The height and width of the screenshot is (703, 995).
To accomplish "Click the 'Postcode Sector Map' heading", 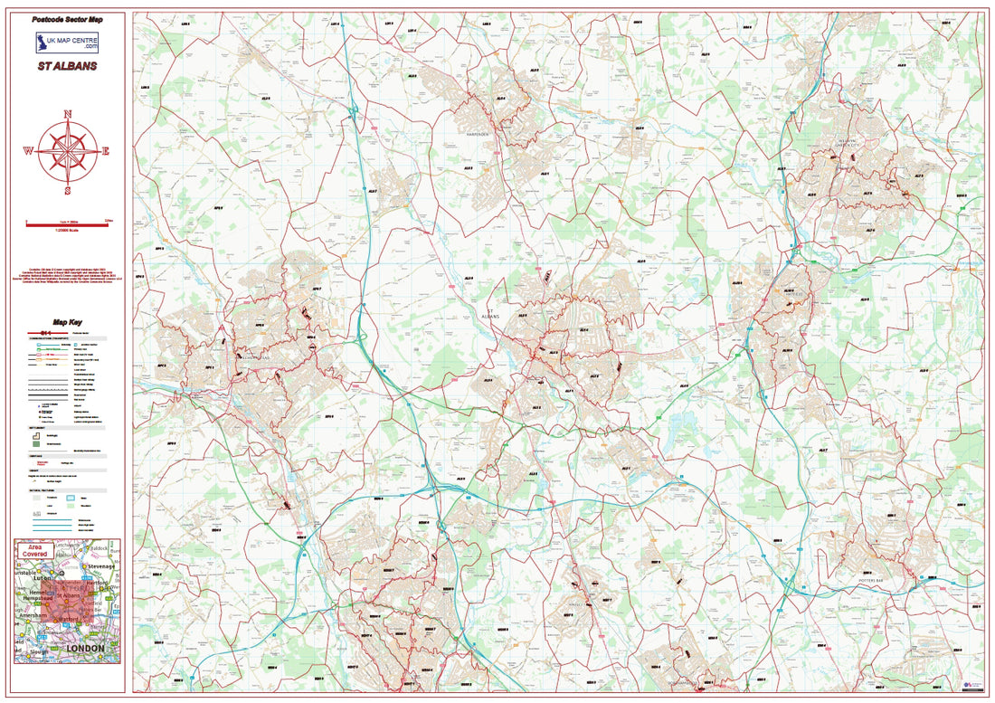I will (68, 18).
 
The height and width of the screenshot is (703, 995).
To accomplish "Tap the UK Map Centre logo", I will (67, 43).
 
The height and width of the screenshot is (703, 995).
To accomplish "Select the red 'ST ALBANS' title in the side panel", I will (68, 66).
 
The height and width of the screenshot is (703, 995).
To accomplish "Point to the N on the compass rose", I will (68, 114).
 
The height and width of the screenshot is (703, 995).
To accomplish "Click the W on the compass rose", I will (28, 152).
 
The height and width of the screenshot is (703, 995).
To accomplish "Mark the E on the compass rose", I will (106, 152).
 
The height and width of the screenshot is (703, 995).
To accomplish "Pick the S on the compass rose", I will (68, 191).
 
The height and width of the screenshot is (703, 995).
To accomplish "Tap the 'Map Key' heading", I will (68, 322).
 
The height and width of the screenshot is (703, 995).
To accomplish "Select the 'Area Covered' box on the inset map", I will (37, 550).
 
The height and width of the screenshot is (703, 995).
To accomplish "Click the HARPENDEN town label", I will (477, 133).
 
